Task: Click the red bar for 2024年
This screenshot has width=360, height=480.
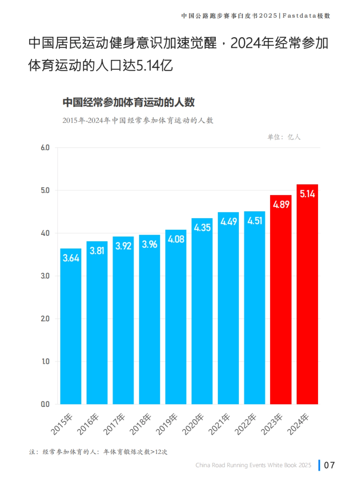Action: [307, 300]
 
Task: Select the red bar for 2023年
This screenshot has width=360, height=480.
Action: [280, 306]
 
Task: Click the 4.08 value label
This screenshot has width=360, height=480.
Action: [176, 239]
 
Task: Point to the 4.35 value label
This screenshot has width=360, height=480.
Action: [202, 228]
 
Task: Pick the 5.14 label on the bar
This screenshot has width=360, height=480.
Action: [307, 194]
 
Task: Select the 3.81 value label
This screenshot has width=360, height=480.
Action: [97, 251]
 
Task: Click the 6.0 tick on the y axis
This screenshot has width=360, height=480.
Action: [45, 148]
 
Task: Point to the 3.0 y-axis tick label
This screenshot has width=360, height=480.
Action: [45, 276]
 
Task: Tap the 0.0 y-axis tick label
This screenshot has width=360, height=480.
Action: [45, 404]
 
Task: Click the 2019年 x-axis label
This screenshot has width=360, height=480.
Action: [167, 424]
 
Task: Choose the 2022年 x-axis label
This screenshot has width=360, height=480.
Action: [245, 424]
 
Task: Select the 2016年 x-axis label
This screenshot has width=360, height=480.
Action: [88, 424]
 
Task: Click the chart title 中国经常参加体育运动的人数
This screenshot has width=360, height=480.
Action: [128, 102]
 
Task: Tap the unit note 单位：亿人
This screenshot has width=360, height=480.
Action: [284, 137]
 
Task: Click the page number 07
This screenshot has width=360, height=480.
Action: [329, 465]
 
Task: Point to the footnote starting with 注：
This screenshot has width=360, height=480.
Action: [98, 452]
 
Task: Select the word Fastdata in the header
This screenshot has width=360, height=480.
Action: [299, 16]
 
